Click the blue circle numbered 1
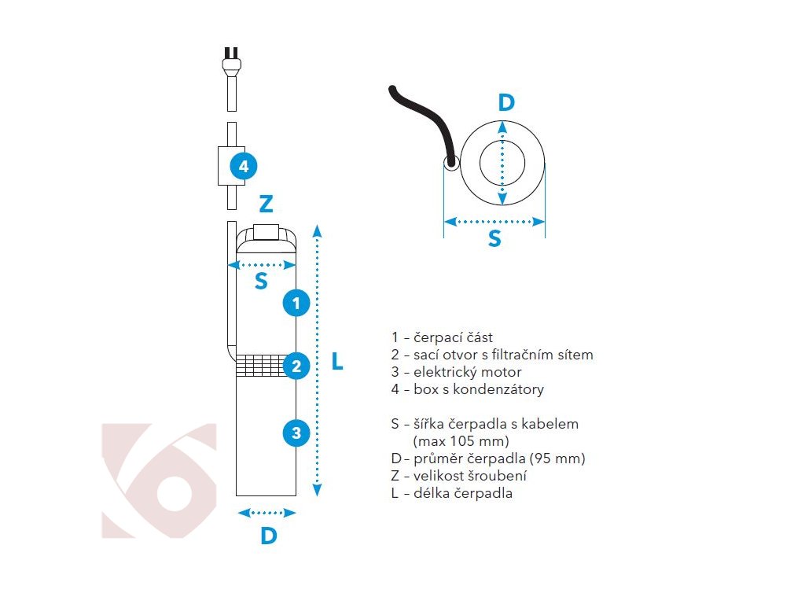pyautogui.click(x=296, y=302)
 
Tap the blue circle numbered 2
pyautogui.click(x=296, y=366)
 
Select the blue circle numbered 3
pyautogui.click(x=296, y=432)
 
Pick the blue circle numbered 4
pyautogui.click(x=244, y=166)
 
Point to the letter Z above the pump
pyautogui.click(x=266, y=204)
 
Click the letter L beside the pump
pyautogui.click(x=337, y=362)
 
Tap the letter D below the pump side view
pyautogui.click(x=269, y=536)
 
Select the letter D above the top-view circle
pyautogui.click(x=506, y=102)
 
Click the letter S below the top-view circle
pyautogui.click(x=494, y=239)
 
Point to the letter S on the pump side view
pyautogui.click(x=261, y=281)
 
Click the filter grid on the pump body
pyautogui.click(x=259, y=365)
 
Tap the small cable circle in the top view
pyautogui.click(x=452, y=164)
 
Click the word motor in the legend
pyautogui.click(x=504, y=372)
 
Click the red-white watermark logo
pyautogui.click(x=160, y=481)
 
